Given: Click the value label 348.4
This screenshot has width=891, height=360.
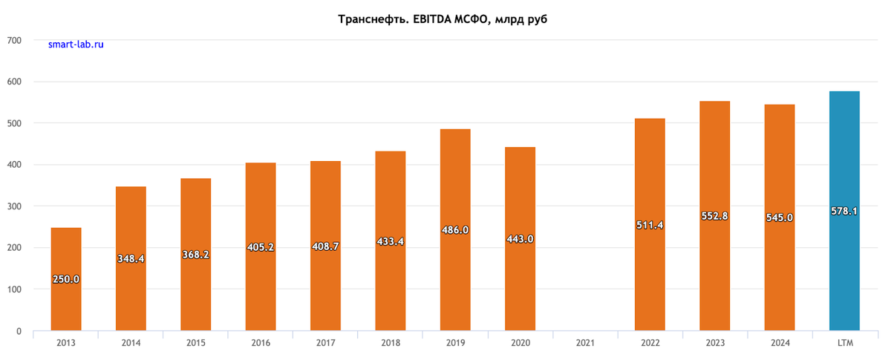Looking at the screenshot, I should pyautogui.click(x=131, y=259).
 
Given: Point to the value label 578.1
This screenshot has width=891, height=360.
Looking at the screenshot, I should pyautogui.click(x=844, y=212).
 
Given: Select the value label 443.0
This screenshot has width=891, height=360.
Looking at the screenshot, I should pyautogui.click(x=520, y=239).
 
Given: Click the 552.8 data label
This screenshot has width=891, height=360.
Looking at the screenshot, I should pyautogui.click(x=714, y=216).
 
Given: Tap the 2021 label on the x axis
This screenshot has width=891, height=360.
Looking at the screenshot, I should pyautogui.click(x=585, y=343).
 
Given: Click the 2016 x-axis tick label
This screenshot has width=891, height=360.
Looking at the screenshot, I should pyautogui.click(x=261, y=343).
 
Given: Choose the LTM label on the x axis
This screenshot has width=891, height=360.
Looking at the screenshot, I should pyautogui.click(x=844, y=343).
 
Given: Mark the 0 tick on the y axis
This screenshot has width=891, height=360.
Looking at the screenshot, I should pyautogui.click(x=18, y=331).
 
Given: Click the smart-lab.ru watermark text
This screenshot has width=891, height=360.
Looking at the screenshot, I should pyautogui.click(x=76, y=45).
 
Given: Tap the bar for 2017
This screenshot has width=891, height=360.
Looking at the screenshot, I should pyautogui.click(x=325, y=282).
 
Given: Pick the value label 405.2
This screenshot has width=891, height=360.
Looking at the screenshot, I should pyautogui.click(x=261, y=247).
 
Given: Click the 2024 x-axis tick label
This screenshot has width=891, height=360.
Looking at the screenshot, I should pyautogui.click(x=780, y=343).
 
